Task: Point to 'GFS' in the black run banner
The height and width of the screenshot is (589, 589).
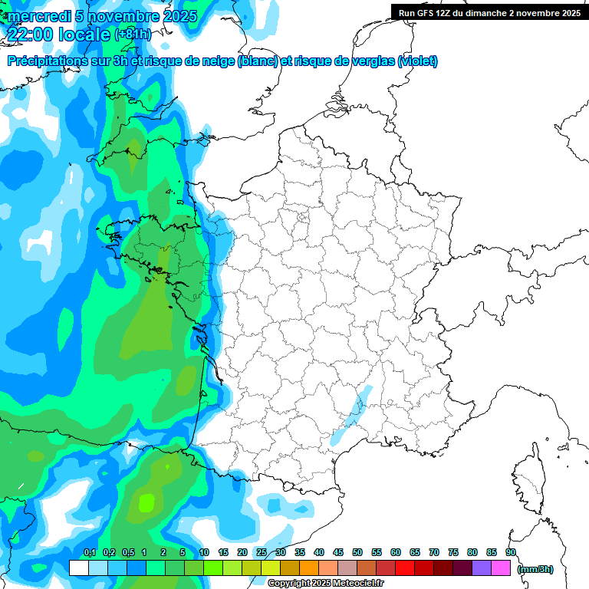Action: (x=429, y=12)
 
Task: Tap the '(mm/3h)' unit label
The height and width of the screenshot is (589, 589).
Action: (x=535, y=569)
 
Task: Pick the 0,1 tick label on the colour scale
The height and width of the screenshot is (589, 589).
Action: (x=89, y=552)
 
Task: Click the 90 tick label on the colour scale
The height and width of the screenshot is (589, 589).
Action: (x=510, y=552)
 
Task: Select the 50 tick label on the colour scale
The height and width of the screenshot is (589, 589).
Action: (x=357, y=552)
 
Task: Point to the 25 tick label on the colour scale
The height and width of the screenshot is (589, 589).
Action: (x=262, y=552)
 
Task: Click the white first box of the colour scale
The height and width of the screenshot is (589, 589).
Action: (x=78, y=568)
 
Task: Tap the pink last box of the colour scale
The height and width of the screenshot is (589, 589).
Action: (x=500, y=568)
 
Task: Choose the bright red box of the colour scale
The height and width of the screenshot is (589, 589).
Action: (x=404, y=568)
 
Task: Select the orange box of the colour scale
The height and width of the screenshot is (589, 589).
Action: (x=308, y=568)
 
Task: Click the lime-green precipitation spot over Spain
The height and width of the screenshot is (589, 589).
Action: (x=146, y=502)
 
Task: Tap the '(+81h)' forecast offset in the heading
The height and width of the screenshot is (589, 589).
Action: (x=133, y=35)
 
